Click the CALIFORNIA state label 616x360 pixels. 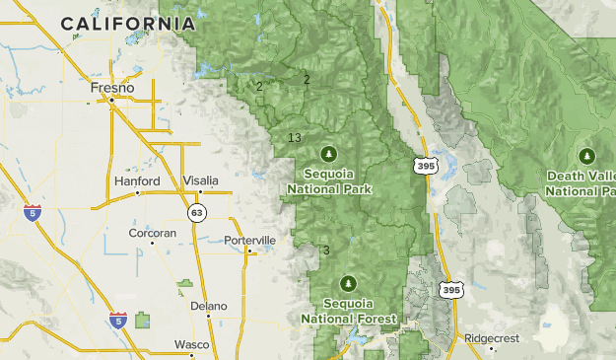(x=127, y=23)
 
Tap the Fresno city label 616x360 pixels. (x=111, y=88)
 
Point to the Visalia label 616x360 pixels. (x=201, y=180)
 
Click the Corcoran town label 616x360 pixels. (x=153, y=234)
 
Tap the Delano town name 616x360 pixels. (x=209, y=306)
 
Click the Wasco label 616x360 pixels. (x=191, y=344)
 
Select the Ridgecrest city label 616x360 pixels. (x=492, y=338)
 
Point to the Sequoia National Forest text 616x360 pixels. (x=349, y=313)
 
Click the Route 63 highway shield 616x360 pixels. (x=198, y=212)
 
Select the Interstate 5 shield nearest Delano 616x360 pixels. (x=118, y=321)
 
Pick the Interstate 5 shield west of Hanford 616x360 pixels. (x=33, y=212)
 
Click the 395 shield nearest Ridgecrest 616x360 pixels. (x=451, y=290)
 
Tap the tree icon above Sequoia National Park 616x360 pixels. (x=328, y=153)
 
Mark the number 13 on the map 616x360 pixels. (x=294, y=137)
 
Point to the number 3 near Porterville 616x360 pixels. (x=326, y=250)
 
